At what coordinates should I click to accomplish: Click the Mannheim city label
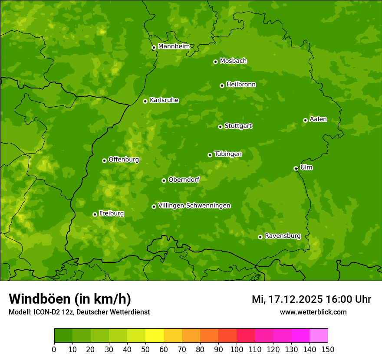pos(174,46)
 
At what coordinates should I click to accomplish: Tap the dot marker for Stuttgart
pos(220,127)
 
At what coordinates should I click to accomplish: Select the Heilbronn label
pos(241,84)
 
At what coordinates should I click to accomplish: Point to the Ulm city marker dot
pos(296,168)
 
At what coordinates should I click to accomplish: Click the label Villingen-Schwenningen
pos(194,206)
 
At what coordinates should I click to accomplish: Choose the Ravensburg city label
pos(282,236)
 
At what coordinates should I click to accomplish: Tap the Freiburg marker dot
pos(95,214)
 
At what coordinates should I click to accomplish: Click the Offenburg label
pos(124,159)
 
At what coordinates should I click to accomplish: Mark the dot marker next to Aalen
pos(305,120)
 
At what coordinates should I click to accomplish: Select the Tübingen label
pos(228,154)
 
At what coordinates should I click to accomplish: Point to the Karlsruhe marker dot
pos(145,101)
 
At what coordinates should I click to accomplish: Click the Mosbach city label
pos(233,61)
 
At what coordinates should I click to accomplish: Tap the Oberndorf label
pos(184,180)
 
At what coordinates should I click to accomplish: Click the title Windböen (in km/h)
pos(69,299)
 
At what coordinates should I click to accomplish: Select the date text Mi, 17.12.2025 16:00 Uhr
pos(311,299)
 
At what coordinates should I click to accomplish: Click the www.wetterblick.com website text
pos(313,312)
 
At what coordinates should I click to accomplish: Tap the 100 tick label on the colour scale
pos(237,349)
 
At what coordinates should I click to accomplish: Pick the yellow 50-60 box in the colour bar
pos(155,336)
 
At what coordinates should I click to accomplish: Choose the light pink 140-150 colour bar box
pos(319,336)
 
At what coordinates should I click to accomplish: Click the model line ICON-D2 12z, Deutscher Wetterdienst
pos(79,312)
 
